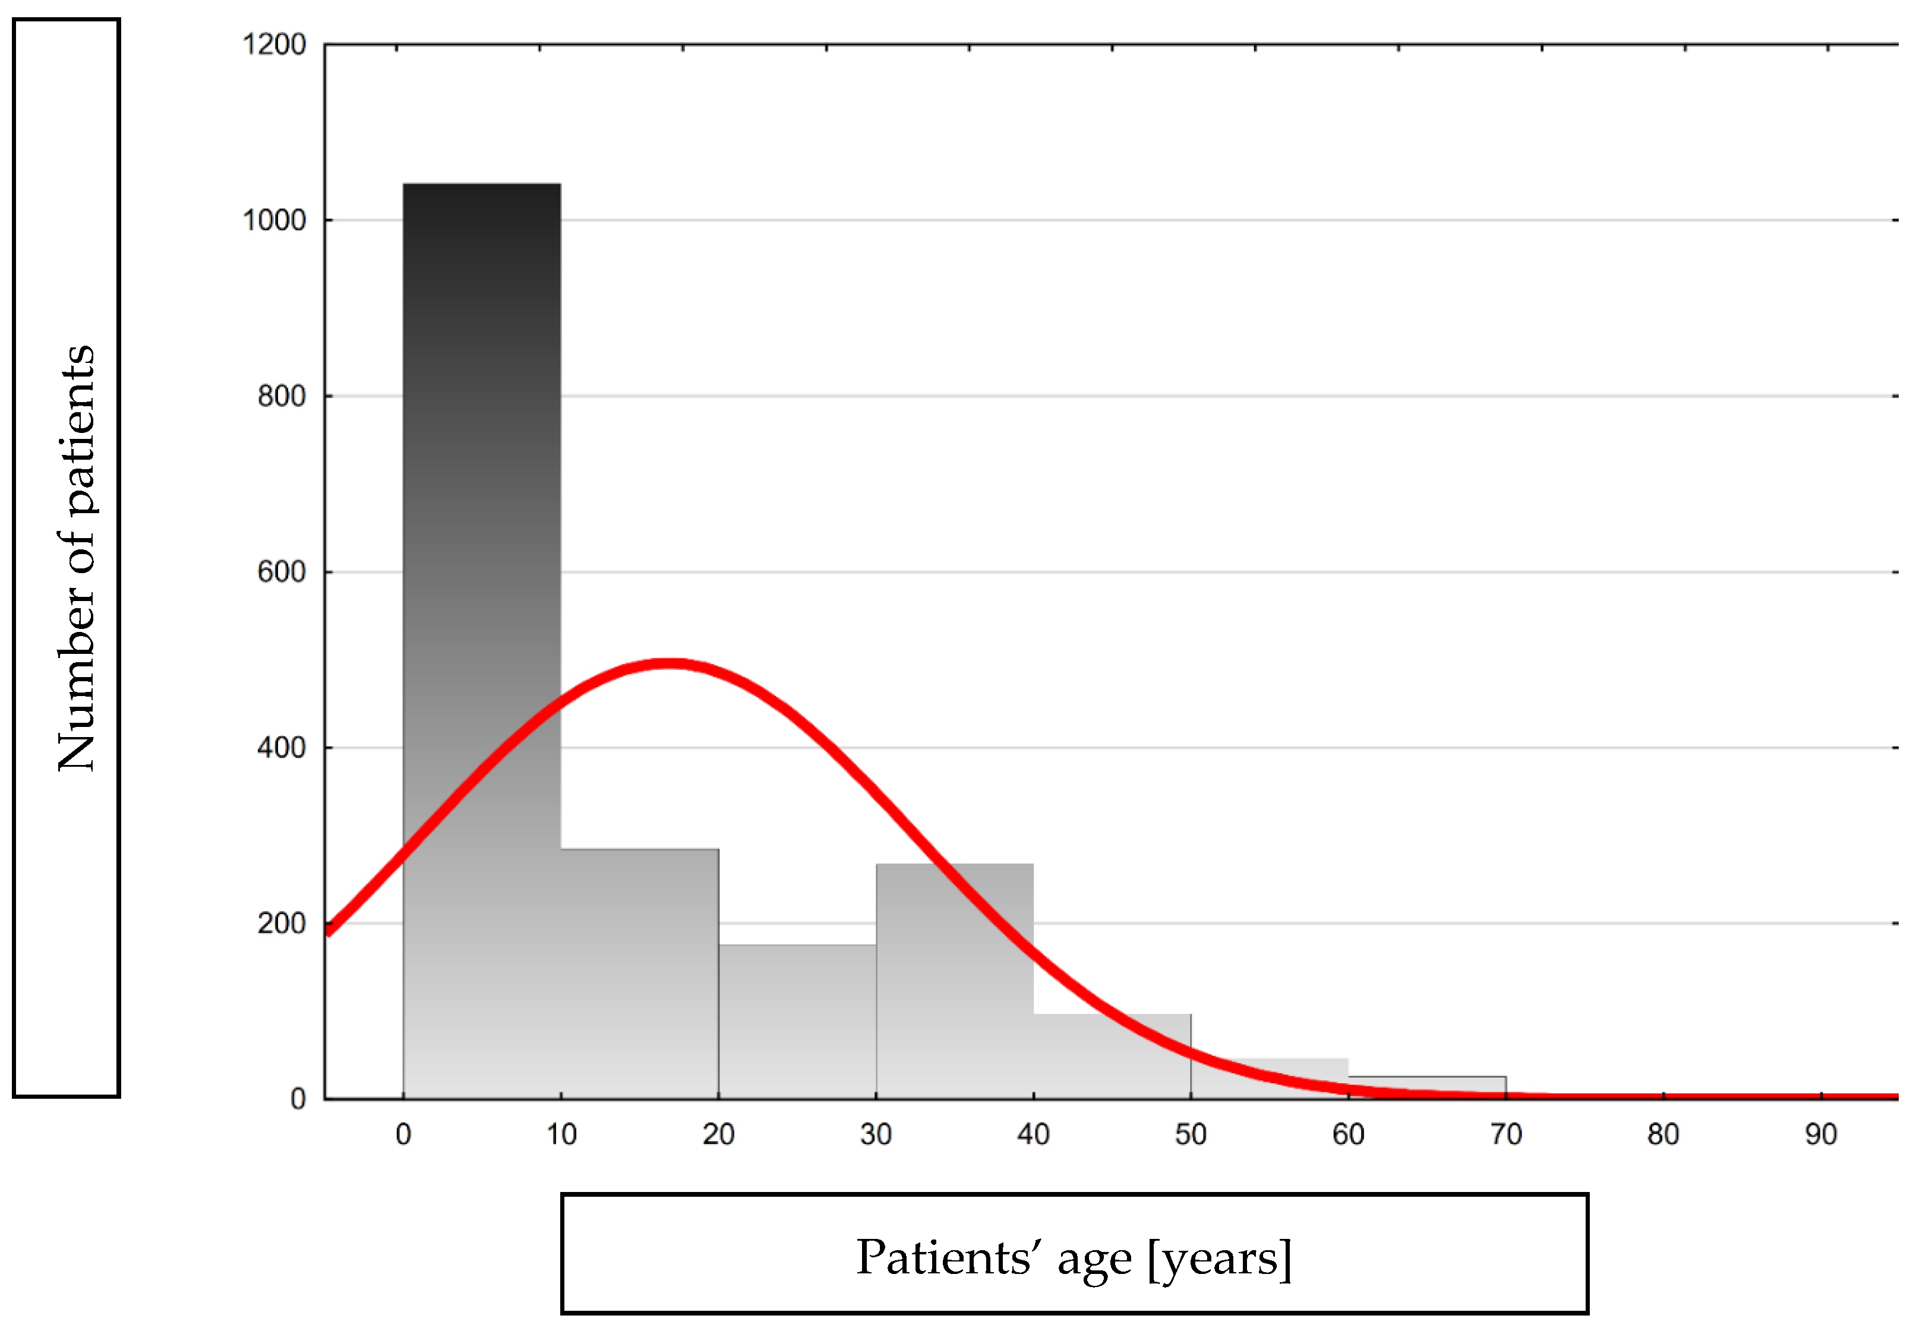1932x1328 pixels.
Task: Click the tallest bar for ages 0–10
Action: (481, 499)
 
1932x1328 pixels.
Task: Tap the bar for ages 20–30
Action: (797, 1023)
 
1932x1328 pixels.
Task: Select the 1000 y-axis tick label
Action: (274, 220)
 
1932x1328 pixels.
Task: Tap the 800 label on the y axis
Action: (282, 396)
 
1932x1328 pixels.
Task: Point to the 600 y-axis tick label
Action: (282, 573)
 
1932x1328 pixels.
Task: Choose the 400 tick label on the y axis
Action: (282, 748)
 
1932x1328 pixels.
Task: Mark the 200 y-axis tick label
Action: (282, 924)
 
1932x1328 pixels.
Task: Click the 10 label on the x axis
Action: (561, 1134)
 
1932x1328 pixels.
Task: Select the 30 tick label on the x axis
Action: (876, 1134)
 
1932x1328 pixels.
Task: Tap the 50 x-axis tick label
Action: (1191, 1134)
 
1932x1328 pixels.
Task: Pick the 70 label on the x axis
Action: (1506, 1134)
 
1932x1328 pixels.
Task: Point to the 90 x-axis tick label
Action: (1820, 1134)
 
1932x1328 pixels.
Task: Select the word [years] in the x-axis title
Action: (1220, 1258)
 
